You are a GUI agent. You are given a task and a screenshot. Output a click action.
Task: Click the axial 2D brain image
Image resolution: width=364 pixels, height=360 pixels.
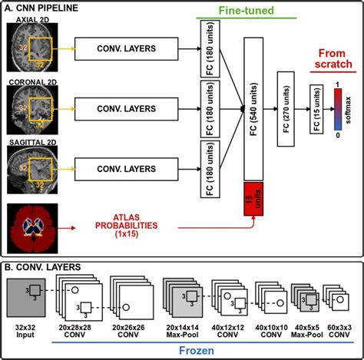(x=30, y=50)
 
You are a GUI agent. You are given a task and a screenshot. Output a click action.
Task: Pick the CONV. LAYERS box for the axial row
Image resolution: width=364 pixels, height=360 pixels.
(x=127, y=49)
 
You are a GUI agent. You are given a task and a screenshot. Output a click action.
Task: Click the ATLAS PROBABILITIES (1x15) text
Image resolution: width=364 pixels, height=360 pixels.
(x=126, y=228)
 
